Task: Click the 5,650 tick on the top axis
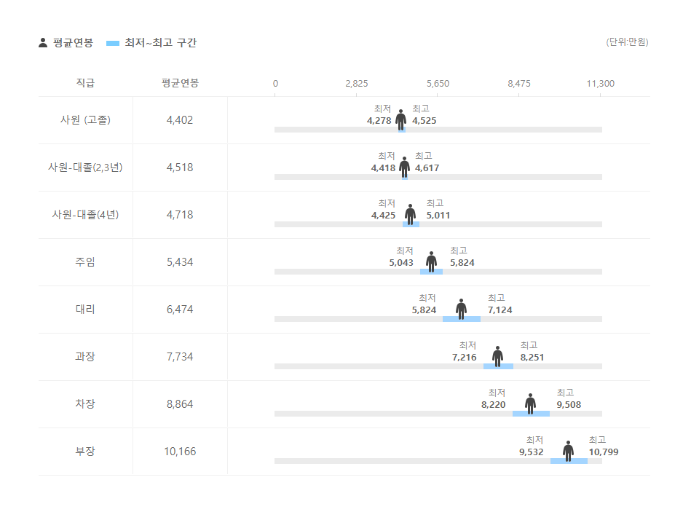tap(438, 84)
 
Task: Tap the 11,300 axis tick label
tap(600, 84)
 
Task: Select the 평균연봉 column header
tap(180, 83)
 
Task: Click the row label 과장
tap(85, 357)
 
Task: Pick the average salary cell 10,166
tap(180, 452)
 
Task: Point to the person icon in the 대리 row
tap(461, 308)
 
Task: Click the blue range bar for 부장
tap(569, 461)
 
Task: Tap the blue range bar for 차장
tap(531, 414)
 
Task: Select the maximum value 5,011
tap(438, 216)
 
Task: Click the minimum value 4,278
tap(379, 121)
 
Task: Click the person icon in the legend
tap(43, 43)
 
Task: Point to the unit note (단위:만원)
tap(627, 42)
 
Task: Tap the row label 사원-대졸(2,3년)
tap(85, 168)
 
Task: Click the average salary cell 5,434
tap(180, 262)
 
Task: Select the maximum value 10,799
tap(604, 452)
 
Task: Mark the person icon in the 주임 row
tap(431, 261)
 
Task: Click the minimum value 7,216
tap(464, 358)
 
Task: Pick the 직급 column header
tap(85, 83)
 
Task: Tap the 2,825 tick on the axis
tap(356, 84)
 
